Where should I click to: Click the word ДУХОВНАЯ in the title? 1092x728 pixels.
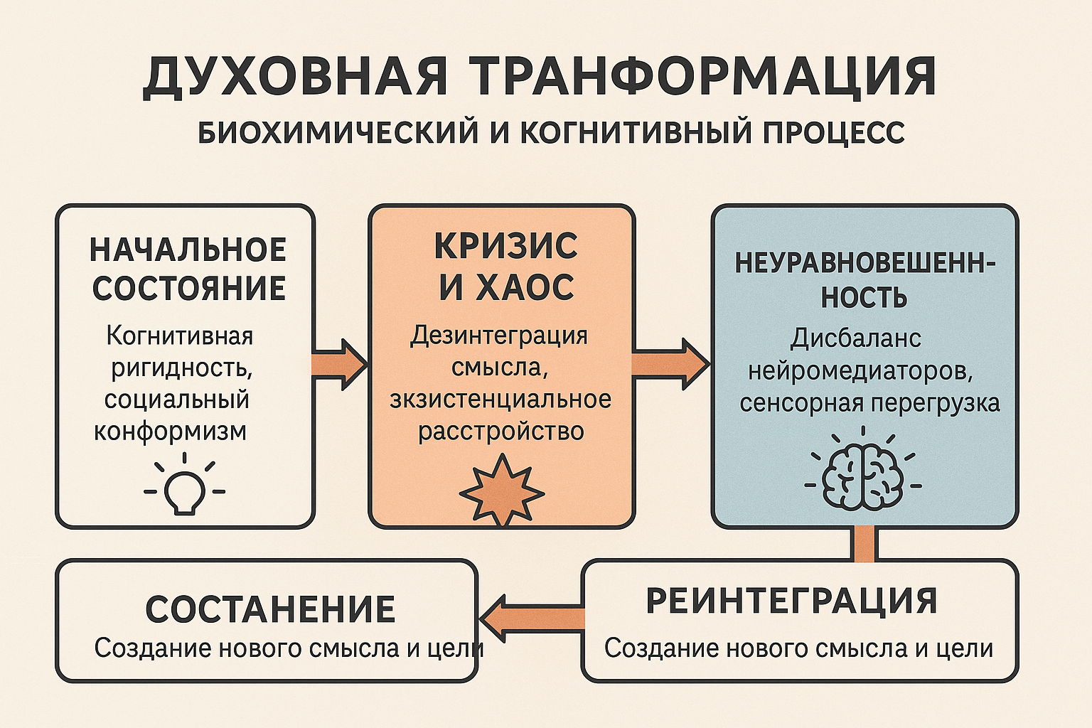[x=295, y=76]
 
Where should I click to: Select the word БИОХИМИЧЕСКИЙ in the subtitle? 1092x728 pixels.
[x=338, y=133]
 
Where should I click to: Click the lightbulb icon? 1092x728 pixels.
[x=184, y=486]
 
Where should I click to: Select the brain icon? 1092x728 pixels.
[x=862, y=475]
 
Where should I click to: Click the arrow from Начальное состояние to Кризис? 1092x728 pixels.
[x=340, y=365]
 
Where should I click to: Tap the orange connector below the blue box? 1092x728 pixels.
[x=864, y=544]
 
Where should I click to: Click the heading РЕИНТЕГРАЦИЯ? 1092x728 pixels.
[x=791, y=601]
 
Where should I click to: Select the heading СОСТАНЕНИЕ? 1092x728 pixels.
[x=270, y=609]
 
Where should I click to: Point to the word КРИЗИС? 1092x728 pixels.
[x=505, y=247]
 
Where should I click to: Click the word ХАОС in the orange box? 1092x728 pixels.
[x=525, y=288]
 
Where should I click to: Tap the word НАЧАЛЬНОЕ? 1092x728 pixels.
[x=188, y=250]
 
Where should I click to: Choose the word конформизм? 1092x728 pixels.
[x=171, y=431]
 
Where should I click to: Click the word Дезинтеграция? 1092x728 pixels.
[x=499, y=335]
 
